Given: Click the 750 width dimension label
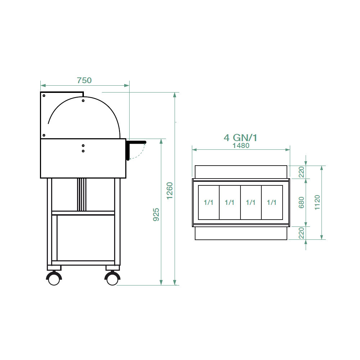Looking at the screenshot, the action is pyautogui.click(x=84, y=80).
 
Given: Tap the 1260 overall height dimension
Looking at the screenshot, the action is pyautogui.click(x=170, y=191).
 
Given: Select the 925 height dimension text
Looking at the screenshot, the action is pyautogui.click(x=156, y=215).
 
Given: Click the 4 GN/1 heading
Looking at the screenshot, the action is pyautogui.click(x=240, y=138).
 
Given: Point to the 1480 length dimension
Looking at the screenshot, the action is pyautogui.click(x=241, y=145).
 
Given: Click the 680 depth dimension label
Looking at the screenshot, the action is pyautogui.click(x=301, y=202).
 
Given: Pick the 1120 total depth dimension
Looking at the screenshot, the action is pyautogui.click(x=317, y=202).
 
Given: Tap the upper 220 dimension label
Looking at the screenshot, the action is pyautogui.click(x=301, y=172).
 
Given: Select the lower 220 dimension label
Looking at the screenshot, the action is pyautogui.click(x=301, y=233).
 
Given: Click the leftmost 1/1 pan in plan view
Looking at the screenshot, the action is pyautogui.click(x=209, y=202).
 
